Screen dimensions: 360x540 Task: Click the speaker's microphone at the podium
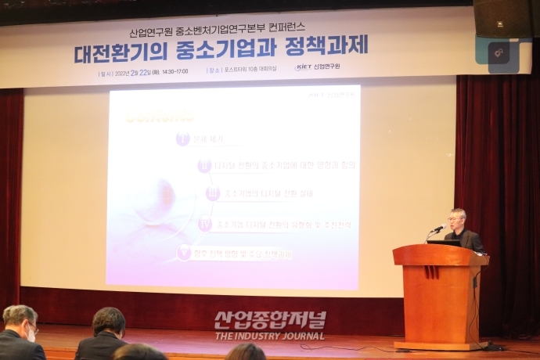[439, 228]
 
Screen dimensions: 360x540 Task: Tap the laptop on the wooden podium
[443, 243]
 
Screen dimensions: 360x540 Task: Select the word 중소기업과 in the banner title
[234, 49]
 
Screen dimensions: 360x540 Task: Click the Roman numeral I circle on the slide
[183, 139]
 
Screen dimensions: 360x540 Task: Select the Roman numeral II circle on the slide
[204, 166]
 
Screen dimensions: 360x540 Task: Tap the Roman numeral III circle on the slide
[212, 193]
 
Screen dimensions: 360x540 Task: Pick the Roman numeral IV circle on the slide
[205, 224]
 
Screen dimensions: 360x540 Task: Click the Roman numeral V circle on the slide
[184, 252]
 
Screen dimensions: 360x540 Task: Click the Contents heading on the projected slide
[160, 117]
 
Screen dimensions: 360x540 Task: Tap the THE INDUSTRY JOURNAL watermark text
[270, 336]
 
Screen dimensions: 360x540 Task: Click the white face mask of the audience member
[31, 335]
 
